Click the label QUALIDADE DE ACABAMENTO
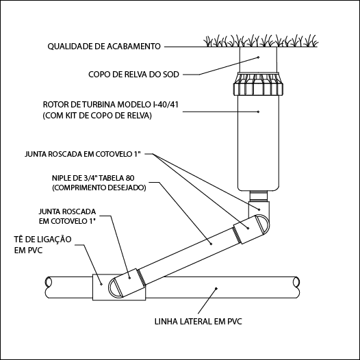(104, 47)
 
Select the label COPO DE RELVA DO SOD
(133, 75)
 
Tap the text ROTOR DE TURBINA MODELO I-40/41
(111, 105)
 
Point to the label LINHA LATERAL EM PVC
(198, 322)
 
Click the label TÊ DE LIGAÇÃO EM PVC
(42, 244)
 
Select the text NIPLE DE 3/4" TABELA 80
(93, 178)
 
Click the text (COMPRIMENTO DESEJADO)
(99, 188)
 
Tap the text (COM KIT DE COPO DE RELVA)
(97, 116)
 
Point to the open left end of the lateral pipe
(49, 282)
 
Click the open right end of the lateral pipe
(296, 282)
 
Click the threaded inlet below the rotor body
(259, 196)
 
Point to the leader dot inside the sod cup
(258, 57)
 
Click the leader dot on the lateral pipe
(216, 288)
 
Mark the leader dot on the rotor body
(258, 112)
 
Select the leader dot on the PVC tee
(101, 284)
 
